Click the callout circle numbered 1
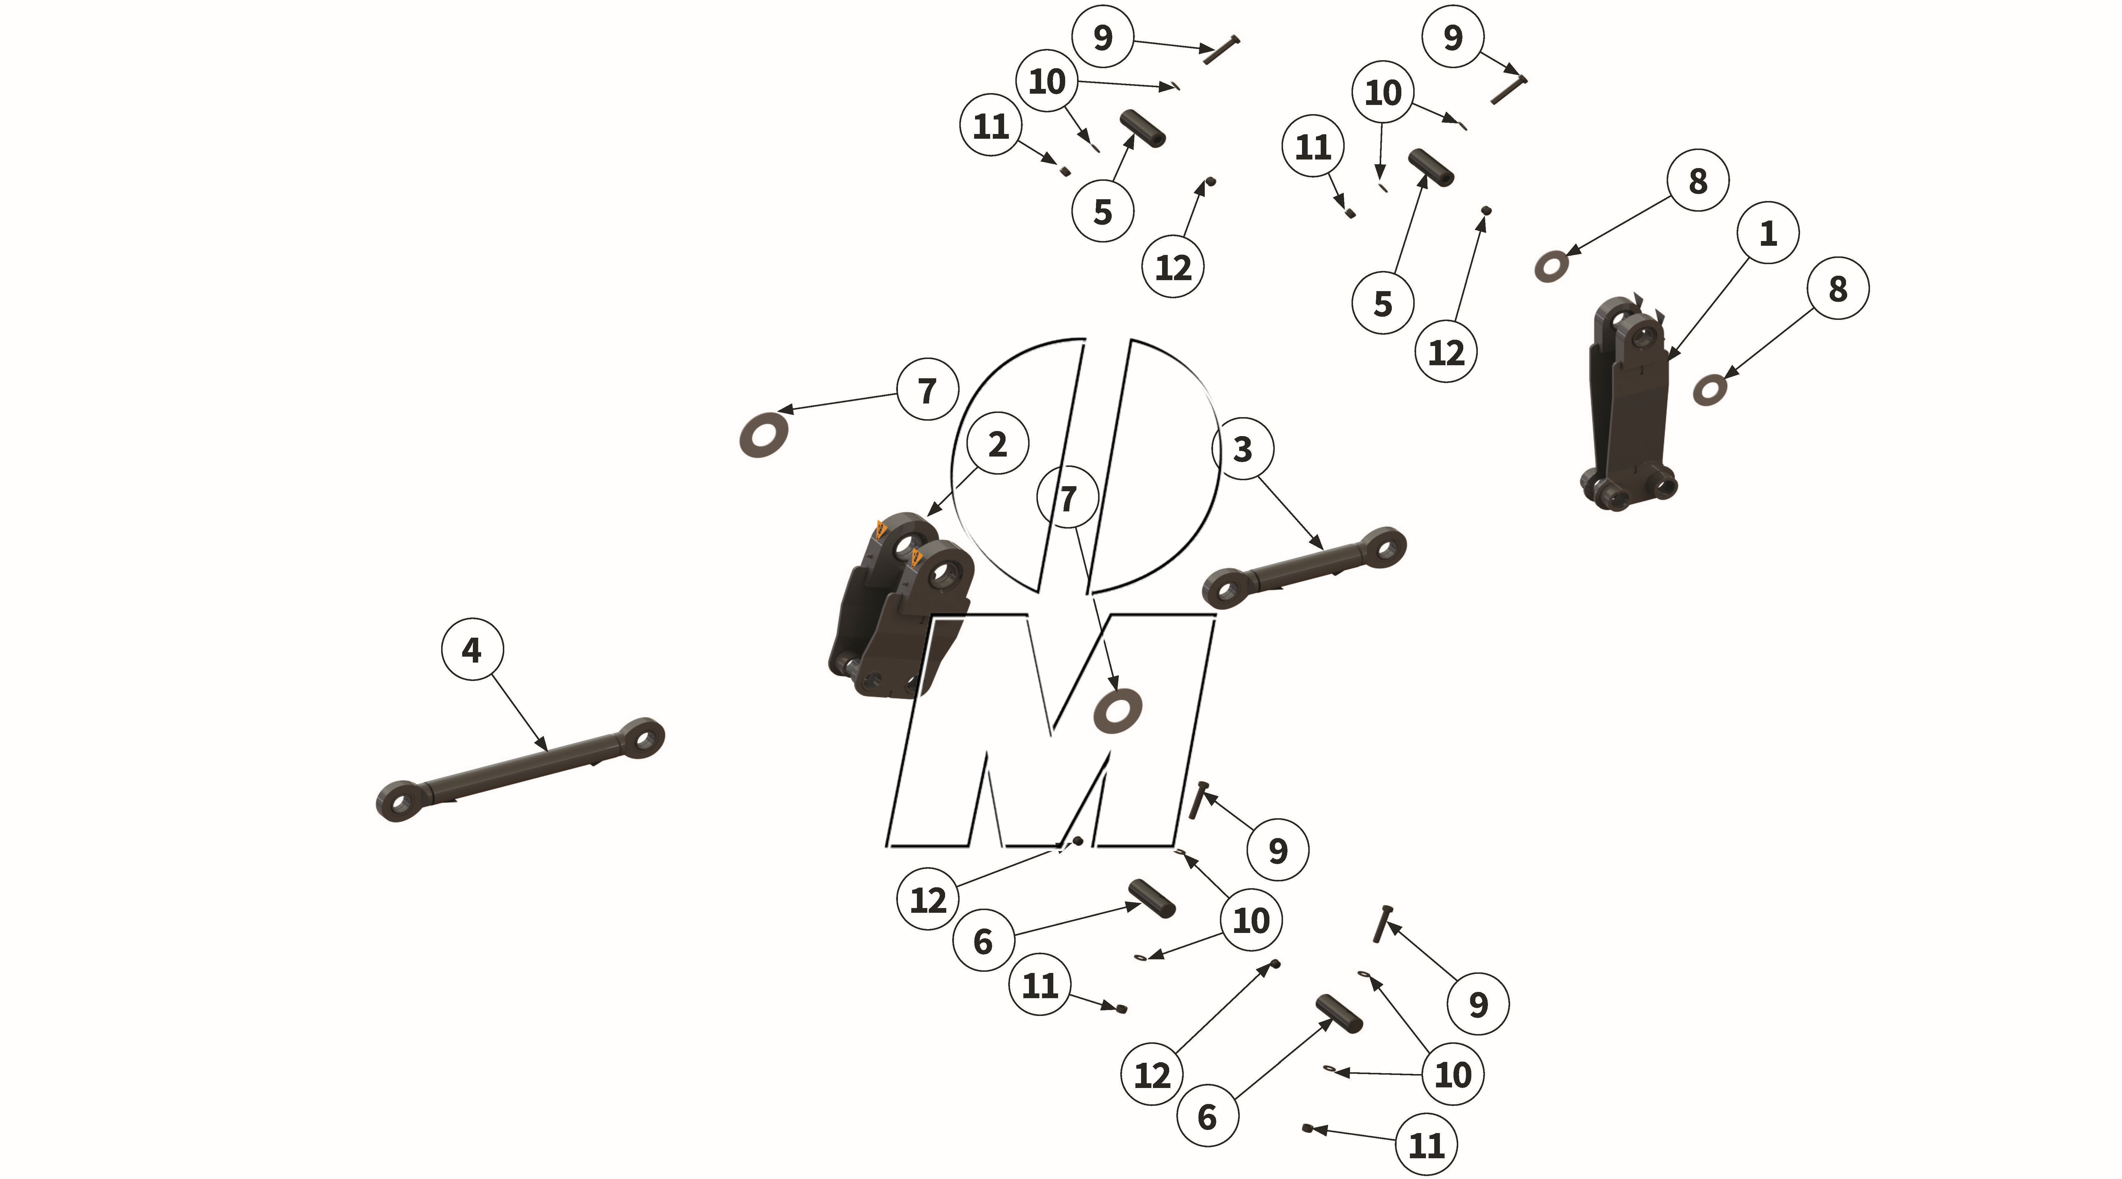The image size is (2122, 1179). pyautogui.click(x=1768, y=233)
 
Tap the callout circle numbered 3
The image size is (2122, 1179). pyautogui.click(x=1242, y=449)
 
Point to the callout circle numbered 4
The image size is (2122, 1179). pyautogui.click(x=472, y=650)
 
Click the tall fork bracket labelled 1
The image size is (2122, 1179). pyautogui.click(x=1627, y=404)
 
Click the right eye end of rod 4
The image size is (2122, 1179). pyautogui.click(x=642, y=737)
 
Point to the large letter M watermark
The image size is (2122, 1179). pyautogui.click(x=1050, y=730)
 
